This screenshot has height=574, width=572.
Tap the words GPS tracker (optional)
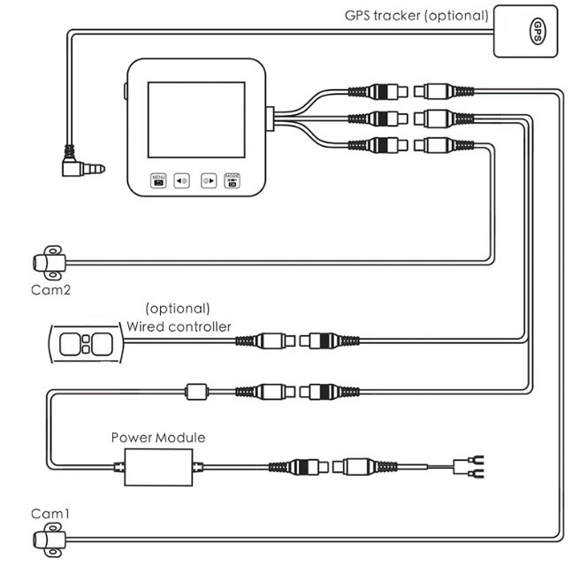point(415,15)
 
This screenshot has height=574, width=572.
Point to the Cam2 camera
point(47,262)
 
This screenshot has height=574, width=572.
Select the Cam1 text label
point(50,513)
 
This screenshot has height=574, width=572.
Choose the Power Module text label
point(157,437)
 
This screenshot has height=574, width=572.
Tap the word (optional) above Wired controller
point(178,309)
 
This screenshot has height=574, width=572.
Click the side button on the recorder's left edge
point(124,91)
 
